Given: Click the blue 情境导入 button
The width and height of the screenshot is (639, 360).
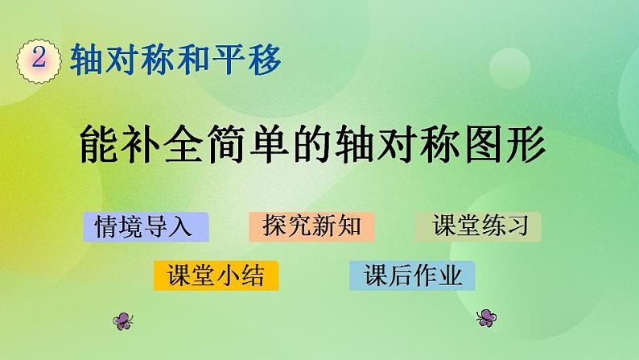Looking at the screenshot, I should tap(145, 227).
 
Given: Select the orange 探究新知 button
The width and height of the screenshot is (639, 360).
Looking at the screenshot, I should tap(311, 227).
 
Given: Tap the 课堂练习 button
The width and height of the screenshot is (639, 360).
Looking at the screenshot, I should tap(478, 227).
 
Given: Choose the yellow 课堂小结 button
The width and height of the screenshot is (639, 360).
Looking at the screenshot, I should tap(216, 275).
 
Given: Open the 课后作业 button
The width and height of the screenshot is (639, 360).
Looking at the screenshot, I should tap(413, 275).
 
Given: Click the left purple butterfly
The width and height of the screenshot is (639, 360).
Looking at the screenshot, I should tap(123, 320).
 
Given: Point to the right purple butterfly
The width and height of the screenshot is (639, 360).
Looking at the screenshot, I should tap(485, 317).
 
